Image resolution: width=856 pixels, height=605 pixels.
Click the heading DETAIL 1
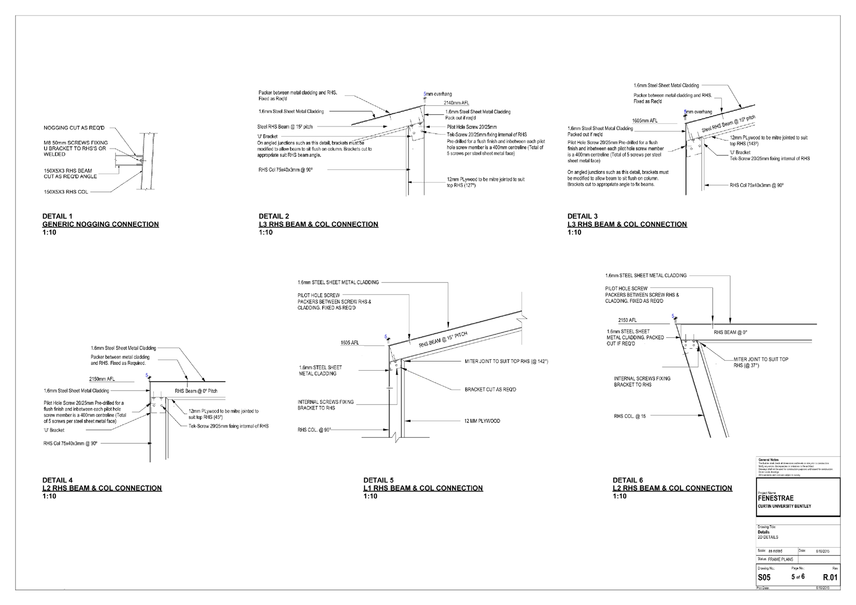(x=57, y=216)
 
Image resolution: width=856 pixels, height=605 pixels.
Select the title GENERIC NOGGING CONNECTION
(x=100, y=224)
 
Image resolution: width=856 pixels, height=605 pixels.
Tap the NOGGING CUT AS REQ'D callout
(x=74, y=128)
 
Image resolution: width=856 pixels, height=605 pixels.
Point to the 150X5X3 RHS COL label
(x=66, y=192)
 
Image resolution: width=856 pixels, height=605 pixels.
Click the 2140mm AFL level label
(x=456, y=103)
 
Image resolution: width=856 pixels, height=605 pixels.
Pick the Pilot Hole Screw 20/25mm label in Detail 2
(x=472, y=127)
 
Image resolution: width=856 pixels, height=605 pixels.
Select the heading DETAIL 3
(x=582, y=216)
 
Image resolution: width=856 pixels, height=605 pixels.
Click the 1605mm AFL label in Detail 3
(x=645, y=121)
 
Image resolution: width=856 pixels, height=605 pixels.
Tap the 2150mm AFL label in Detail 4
(x=102, y=379)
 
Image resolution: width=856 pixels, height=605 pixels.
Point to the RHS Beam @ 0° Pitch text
(x=196, y=391)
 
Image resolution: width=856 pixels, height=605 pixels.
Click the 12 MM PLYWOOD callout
(x=482, y=421)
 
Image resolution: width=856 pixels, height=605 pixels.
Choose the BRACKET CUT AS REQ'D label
(x=490, y=389)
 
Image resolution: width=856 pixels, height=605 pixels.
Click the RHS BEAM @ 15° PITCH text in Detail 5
(x=443, y=339)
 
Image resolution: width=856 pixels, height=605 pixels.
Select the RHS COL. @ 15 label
(x=630, y=416)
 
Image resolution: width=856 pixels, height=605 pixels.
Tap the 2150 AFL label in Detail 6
(x=627, y=320)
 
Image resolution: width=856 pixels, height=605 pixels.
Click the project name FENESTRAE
(x=775, y=499)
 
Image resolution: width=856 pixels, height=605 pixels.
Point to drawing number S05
(x=764, y=577)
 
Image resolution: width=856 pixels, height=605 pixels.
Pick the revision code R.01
(x=830, y=577)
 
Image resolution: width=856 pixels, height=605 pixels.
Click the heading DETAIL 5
(x=378, y=480)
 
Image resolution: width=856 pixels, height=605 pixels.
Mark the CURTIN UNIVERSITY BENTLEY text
(x=784, y=507)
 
